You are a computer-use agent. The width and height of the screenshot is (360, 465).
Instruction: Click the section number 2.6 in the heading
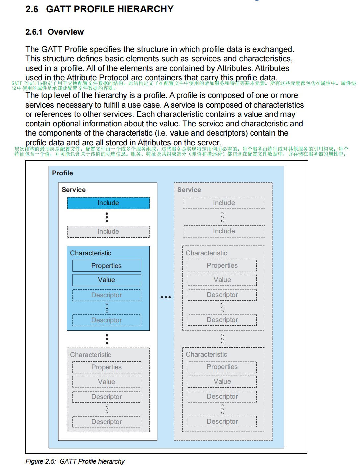[x=32, y=9]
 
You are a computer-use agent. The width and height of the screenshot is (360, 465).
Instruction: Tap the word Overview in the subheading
[x=66, y=32]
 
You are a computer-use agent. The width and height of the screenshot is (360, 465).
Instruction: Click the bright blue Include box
[x=108, y=203]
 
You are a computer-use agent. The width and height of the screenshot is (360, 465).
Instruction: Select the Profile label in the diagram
[x=62, y=173]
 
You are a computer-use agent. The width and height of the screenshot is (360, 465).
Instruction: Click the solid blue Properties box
[x=107, y=266]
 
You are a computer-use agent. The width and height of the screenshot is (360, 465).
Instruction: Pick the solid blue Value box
[x=107, y=280]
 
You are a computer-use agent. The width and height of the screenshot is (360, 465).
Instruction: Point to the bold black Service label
[x=74, y=190]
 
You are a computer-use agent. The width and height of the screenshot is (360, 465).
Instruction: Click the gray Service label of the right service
[x=189, y=190]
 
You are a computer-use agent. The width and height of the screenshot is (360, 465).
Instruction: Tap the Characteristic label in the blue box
[x=91, y=253]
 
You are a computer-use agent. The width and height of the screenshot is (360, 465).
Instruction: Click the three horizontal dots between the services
[x=166, y=297]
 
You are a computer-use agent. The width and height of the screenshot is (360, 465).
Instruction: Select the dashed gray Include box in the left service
[x=108, y=231]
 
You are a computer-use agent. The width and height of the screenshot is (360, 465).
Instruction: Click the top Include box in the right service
[x=224, y=203]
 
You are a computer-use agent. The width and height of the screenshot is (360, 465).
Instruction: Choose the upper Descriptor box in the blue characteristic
[x=107, y=295]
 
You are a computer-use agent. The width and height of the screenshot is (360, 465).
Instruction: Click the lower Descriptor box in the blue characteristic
[x=107, y=320]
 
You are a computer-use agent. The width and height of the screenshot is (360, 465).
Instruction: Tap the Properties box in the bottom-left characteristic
[x=107, y=367]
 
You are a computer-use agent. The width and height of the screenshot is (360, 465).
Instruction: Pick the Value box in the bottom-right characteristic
[x=222, y=381]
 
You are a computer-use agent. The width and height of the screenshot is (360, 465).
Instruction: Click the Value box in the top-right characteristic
[x=222, y=280]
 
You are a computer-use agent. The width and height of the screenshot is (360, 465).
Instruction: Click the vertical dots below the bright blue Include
[x=107, y=217]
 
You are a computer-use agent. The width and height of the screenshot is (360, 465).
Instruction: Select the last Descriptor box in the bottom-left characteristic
[x=107, y=422]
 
